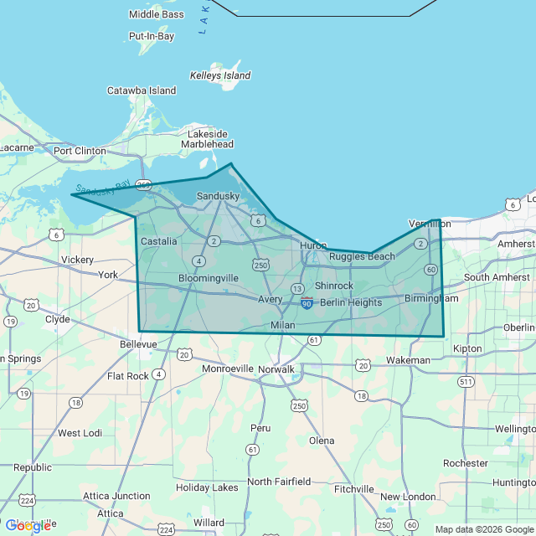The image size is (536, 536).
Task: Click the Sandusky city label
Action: click(x=218, y=196)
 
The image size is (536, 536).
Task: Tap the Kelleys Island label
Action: click(x=220, y=75)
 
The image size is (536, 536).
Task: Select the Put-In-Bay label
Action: click(x=151, y=37)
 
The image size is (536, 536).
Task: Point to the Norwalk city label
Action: click(x=276, y=368)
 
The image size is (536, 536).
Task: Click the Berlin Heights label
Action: click(x=350, y=302)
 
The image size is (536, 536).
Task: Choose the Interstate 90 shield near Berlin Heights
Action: click(x=307, y=301)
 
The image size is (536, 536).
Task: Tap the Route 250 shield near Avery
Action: click(x=261, y=265)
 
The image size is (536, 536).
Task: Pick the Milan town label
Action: click(x=283, y=325)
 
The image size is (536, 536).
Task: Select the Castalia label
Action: click(x=158, y=241)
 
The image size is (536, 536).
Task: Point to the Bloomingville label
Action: click(x=209, y=277)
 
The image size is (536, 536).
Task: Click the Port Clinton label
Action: click(x=80, y=151)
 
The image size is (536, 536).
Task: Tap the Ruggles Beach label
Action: click(x=362, y=256)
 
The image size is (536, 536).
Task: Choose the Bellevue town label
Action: click(x=138, y=343)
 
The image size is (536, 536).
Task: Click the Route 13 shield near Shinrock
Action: click(x=297, y=288)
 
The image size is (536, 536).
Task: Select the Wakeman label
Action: click(x=408, y=360)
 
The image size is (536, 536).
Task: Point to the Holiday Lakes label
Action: click(x=207, y=487)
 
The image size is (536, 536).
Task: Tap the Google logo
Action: click(x=28, y=525)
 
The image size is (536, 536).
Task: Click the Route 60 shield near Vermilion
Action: click(x=430, y=269)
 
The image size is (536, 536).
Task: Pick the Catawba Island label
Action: click(x=142, y=90)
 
